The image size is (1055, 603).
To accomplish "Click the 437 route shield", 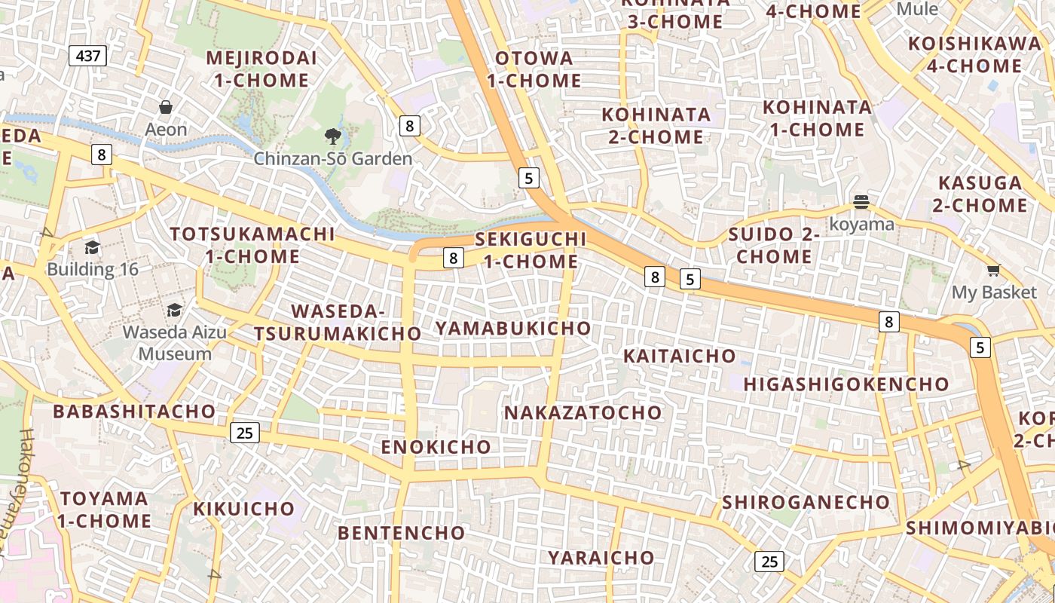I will tap(88, 55).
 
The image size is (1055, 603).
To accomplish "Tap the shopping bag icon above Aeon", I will tap(166, 107).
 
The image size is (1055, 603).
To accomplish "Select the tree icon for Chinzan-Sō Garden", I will tap(332, 136).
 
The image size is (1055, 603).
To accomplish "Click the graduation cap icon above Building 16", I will tap(93, 247).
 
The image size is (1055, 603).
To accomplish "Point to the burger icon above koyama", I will tap(861, 202).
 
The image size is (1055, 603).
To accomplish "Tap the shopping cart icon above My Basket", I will tap(994, 270).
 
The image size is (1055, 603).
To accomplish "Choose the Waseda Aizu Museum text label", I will tap(167, 343).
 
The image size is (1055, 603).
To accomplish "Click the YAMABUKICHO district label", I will tap(513, 328).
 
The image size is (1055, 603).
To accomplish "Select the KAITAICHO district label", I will tap(680, 356).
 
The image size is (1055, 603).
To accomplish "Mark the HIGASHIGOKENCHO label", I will tap(846, 384).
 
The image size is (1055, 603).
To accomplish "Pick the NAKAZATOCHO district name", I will tap(583, 412).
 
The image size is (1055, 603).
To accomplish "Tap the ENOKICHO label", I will tap(436, 446).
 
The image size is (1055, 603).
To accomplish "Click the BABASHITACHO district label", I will tap(134, 412).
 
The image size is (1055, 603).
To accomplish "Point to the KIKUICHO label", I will tap(243, 509).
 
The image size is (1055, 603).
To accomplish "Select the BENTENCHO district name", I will tap(402, 533).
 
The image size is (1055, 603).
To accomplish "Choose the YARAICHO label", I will tap(601, 558).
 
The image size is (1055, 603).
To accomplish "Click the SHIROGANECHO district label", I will tap(806, 502).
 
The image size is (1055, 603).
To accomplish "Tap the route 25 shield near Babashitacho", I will tap(244, 433).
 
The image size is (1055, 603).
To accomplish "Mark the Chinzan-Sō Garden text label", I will tap(332, 159).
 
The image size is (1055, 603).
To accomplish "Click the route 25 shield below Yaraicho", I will tap(769, 562).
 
